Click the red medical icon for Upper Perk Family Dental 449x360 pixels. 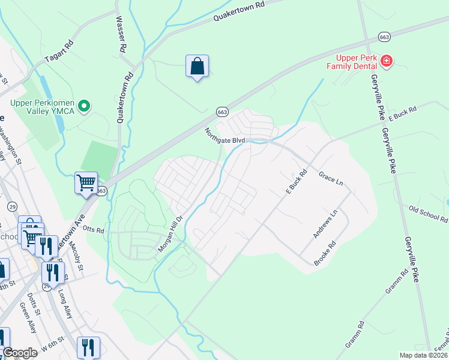[387, 60]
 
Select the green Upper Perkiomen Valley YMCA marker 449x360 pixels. [85, 107]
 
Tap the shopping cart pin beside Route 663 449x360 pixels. [86, 182]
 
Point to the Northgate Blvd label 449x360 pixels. [225, 136]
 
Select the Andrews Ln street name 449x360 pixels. [326, 224]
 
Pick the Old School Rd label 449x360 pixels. [428, 214]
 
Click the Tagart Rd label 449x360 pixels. [59, 50]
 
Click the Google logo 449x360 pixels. [19, 353]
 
